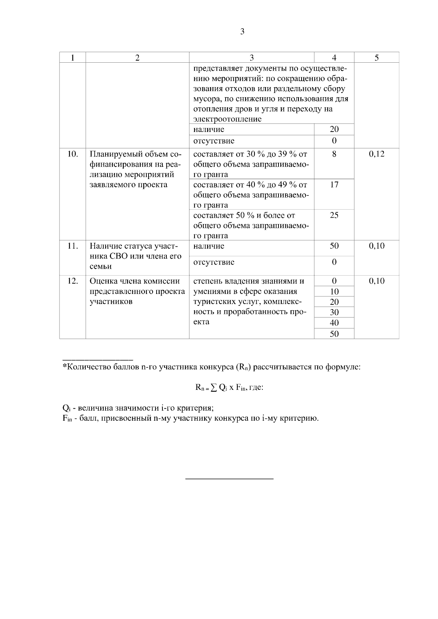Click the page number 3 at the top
pos(242,32)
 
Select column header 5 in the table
pos(376,58)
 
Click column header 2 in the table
pos(137,58)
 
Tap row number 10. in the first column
pos(73,154)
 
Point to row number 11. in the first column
pos(73,246)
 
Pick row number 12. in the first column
pos(73,281)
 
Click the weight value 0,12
pos(376,154)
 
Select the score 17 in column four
pos(334,185)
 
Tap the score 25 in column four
pos(334,215)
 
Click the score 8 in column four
pos(334,154)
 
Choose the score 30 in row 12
pos(334,312)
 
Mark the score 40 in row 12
pos(334,323)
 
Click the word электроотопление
pos(227,119)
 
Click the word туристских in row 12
pos(211,302)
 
